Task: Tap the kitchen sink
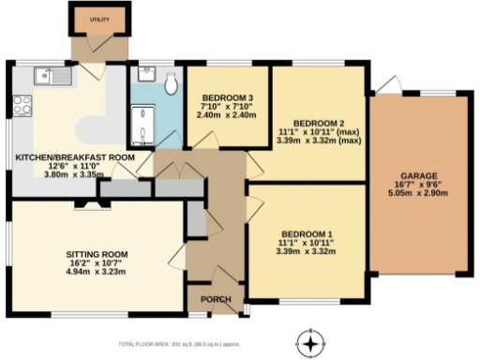[x=44, y=74]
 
